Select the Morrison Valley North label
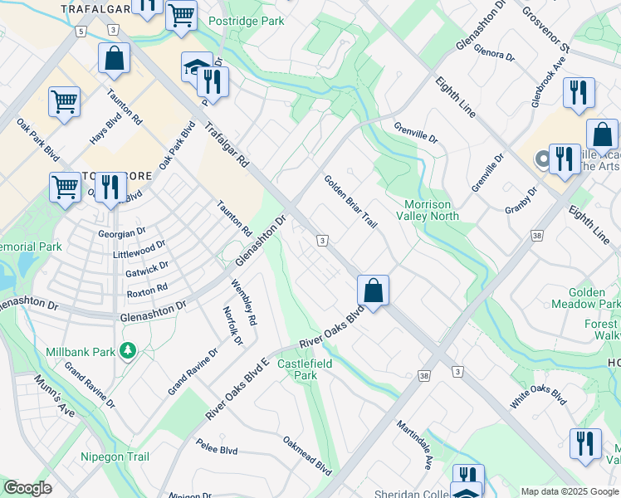coord(431,210)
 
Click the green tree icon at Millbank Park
coord(128,352)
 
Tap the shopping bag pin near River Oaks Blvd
coord(374,291)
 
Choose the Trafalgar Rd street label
coord(227,147)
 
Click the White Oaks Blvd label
coord(539,396)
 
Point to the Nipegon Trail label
coord(115,456)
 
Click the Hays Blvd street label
coord(104,130)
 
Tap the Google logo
coord(27,488)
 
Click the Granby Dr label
coord(521,200)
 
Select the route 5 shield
coord(80,31)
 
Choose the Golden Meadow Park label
coord(594,299)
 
